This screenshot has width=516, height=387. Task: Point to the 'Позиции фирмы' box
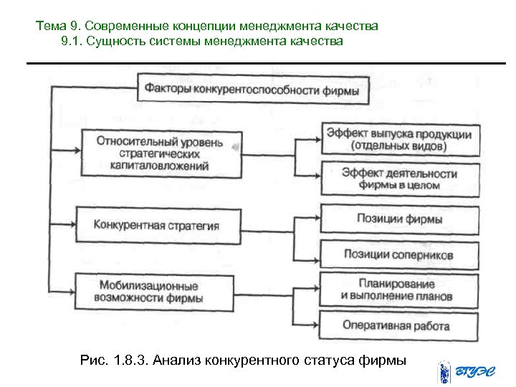coord(399,219)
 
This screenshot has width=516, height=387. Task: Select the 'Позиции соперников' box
coord(399,254)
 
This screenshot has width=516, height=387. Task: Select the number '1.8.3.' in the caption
coord(126,359)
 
